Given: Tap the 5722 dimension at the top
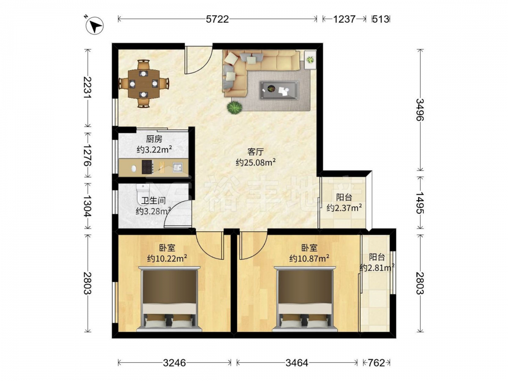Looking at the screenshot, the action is pos(217,19).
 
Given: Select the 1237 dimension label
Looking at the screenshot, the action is pos(344,19).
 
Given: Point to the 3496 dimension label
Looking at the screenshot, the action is pos(420,110).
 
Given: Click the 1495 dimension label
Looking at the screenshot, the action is pos(420,203).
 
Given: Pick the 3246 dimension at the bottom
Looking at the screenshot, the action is pos(174,363).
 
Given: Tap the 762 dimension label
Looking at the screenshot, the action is pos(376,363).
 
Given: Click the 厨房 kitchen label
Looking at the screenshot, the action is pos(154,139).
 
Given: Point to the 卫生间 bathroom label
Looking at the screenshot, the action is pos(153,201).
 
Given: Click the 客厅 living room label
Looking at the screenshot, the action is pos(256,151).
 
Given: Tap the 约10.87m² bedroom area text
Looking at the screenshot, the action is pos(309,259).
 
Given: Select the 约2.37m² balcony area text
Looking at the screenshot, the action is pos(344,208).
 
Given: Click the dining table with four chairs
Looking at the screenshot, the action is pos(144,83).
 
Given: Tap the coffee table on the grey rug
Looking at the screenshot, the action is pos(279,89).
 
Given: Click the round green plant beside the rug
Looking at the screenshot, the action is pos(234,108).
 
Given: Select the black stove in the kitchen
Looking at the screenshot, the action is pos(148,167).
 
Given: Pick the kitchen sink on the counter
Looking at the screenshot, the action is pos(177,167).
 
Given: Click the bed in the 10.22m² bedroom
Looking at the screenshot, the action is pos(169,299).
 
